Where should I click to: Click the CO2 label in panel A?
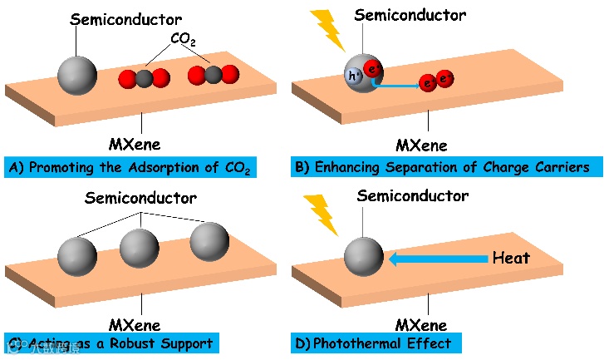tap(182, 39)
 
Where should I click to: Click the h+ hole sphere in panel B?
tap(352, 76)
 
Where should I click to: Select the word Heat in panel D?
tap(510, 259)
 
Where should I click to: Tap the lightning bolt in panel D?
tap(321, 214)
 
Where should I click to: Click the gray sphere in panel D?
tap(364, 258)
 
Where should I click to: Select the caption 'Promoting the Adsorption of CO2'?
tap(130, 167)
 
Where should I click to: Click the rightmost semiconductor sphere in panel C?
tap(209, 242)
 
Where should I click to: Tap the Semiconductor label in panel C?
tap(140, 199)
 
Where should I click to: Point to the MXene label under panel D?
tap(426, 323)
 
